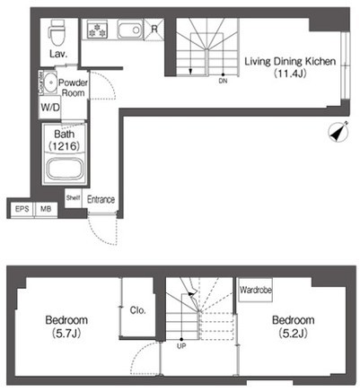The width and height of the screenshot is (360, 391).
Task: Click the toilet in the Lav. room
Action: click(56, 33)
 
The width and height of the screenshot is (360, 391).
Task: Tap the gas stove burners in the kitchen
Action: click(97, 30)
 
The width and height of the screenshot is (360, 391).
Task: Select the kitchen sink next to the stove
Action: click(130, 30)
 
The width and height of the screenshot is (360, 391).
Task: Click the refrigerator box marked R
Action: click(154, 29)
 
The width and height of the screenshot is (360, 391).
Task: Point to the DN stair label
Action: click(223, 81)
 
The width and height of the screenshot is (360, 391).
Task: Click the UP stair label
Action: click(181, 346)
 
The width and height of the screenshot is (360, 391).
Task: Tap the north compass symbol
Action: click(338, 131)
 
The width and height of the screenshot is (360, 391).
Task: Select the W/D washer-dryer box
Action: click(50, 107)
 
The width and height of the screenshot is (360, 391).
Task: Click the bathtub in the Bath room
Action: click(66, 169)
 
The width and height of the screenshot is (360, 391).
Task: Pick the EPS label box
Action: click(22, 209)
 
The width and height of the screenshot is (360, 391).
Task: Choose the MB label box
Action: click(46, 209)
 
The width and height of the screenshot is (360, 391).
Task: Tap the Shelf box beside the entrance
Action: click(74, 197)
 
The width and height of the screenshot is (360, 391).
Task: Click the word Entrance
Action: click(101, 199)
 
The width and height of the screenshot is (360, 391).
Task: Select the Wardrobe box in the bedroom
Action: click(256, 290)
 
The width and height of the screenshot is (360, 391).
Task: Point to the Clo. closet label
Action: click(137, 310)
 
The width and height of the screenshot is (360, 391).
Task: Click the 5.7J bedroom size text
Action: click(66, 334)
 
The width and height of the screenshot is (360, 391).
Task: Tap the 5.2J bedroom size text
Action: click(294, 333)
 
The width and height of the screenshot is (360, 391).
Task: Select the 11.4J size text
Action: click(290, 74)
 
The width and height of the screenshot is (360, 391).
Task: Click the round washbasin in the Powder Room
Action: click(49, 82)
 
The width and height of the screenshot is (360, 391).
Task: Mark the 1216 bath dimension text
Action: click(65, 146)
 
